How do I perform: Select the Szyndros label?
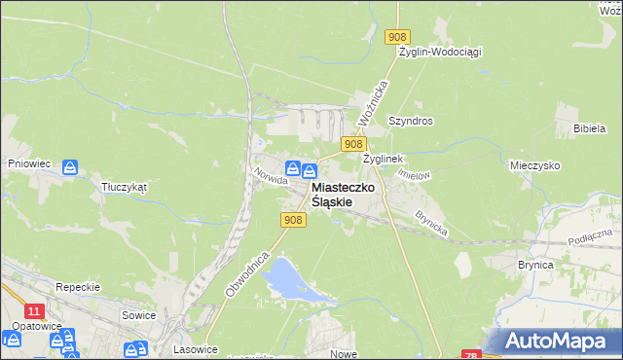tap(410, 121)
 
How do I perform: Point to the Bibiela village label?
tap(591, 127)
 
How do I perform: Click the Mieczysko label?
tap(537, 166)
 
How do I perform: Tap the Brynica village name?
tap(535, 264)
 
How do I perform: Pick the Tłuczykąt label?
tap(124, 187)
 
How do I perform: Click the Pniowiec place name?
tap(28, 164)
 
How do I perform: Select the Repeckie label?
tap(79, 287)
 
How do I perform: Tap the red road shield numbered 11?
tap(35, 310)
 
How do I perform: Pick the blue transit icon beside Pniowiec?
tap(70, 168)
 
